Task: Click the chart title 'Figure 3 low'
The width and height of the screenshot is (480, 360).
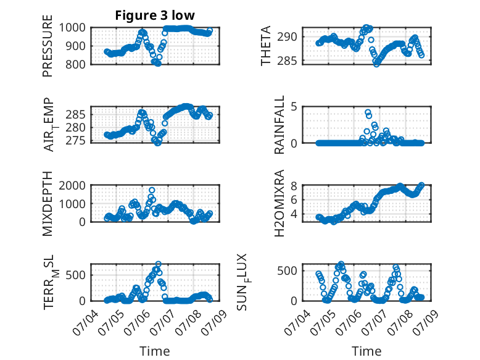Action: click(x=155, y=15)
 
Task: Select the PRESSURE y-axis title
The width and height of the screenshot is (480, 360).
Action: click(x=48, y=46)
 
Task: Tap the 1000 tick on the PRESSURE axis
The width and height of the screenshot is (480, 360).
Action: click(x=72, y=28)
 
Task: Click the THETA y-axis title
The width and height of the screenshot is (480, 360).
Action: click(x=266, y=46)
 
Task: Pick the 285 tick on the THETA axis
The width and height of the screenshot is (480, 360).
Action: click(x=287, y=61)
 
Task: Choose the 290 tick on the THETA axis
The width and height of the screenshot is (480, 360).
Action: click(x=287, y=37)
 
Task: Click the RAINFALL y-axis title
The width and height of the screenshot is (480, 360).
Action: click(x=279, y=125)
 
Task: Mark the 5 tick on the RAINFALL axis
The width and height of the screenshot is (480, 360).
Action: click(x=294, y=107)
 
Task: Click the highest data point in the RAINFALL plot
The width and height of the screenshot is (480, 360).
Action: click(x=368, y=112)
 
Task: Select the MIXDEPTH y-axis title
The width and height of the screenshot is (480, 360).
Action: click(x=48, y=204)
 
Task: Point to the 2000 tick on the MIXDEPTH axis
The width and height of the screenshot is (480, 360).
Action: click(x=72, y=185)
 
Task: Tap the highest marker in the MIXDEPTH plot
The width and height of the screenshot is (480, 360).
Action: click(x=152, y=190)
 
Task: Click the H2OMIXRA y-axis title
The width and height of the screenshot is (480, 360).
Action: click(x=279, y=203)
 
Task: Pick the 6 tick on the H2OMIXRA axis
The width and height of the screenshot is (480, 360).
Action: click(x=294, y=200)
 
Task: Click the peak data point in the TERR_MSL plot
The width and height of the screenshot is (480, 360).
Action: click(x=159, y=264)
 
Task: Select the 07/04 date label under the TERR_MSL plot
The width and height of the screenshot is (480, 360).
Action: click(x=86, y=322)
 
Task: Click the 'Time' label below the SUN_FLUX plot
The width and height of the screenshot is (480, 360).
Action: click(x=366, y=351)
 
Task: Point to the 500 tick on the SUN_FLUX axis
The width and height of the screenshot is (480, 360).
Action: click(x=287, y=271)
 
